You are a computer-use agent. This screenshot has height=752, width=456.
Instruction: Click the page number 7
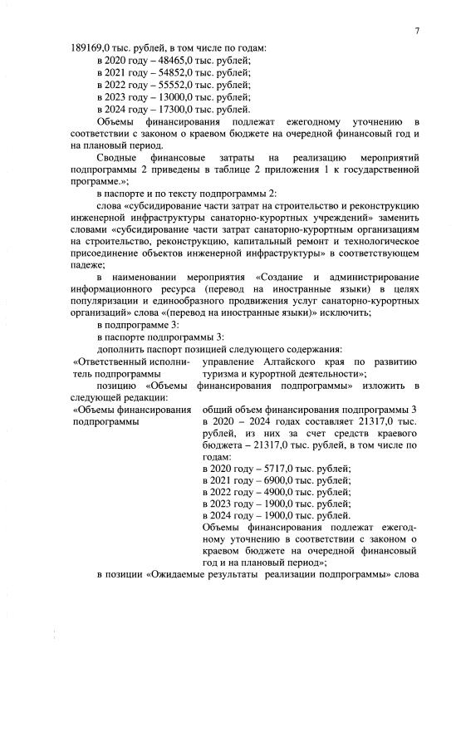[x=417, y=31]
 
